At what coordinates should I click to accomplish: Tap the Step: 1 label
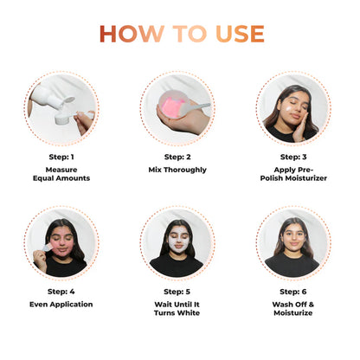[61, 157]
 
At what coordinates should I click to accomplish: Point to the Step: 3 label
[292, 157]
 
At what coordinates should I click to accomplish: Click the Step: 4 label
[61, 292]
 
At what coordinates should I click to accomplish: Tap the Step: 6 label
[292, 292]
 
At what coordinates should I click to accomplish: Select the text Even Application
[61, 305]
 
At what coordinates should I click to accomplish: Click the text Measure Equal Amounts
[61, 174]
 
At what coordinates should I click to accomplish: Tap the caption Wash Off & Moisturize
[292, 309]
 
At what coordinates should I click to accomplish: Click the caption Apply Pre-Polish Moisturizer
[292, 174]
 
